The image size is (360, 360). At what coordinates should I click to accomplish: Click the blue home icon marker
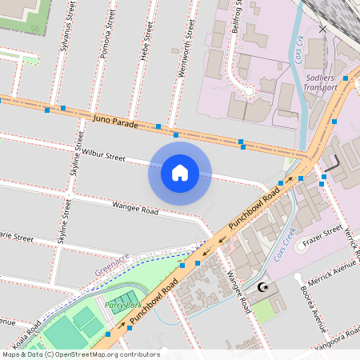pyautogui.click(x=180, y=174)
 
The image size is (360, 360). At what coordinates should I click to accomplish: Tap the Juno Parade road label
pyautogui.click(x=116, y=122)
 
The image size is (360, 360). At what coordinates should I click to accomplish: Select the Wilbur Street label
pyautogui.click(x=103, y=154)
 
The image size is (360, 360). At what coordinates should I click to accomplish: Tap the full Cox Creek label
pyautogui.click(x=285, y=244)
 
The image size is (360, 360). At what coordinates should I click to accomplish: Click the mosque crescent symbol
pyautogui.click(x=264, y=287)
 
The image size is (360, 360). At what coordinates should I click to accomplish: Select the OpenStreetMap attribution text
pyautogui.click(x=81, y=354)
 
